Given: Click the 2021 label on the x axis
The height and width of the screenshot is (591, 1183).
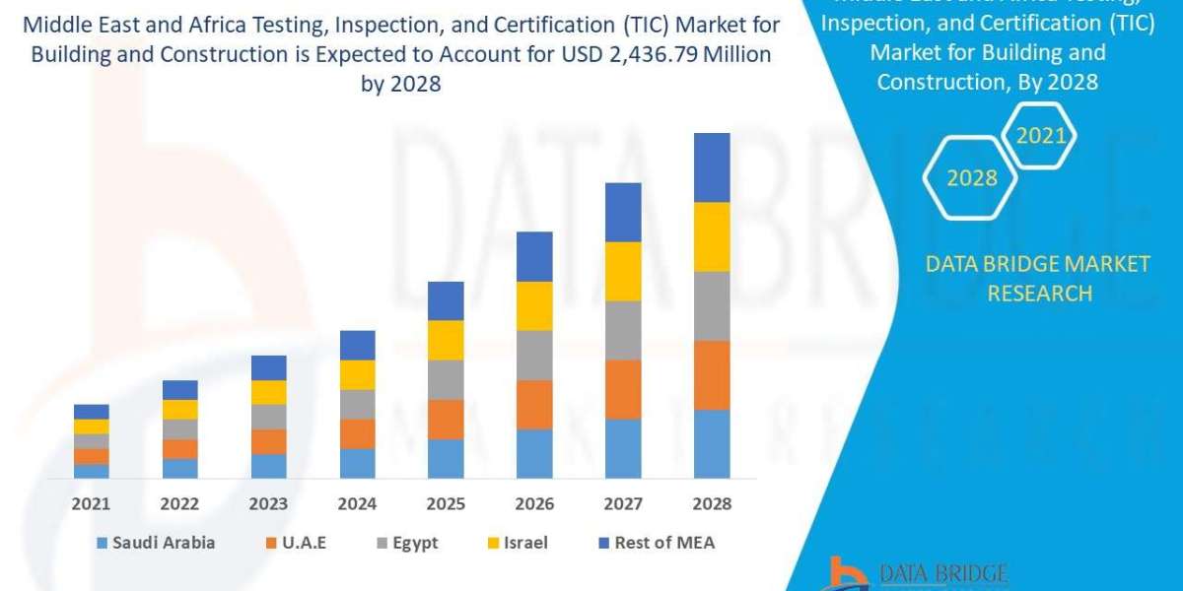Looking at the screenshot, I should [x=91, y=503].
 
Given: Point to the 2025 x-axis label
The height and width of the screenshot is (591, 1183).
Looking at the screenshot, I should [x=446, y=503].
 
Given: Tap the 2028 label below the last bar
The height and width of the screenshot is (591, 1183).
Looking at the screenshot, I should [x=712, y=503].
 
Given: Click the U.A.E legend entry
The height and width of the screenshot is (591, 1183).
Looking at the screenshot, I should [x=302, y=543].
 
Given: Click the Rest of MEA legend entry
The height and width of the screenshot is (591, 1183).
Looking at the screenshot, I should [x=655, y=543].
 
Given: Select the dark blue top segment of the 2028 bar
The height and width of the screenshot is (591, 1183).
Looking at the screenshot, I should [x=712, y=167].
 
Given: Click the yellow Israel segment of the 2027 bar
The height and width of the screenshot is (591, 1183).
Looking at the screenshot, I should [x=623, y=271].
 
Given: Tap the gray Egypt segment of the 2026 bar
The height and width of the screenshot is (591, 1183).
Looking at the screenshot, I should [x=534, y=355].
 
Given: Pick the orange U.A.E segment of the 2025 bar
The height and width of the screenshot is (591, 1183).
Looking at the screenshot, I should [x=446, y=419].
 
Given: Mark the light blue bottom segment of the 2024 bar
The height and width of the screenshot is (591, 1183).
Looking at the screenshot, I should [x=357, y=463].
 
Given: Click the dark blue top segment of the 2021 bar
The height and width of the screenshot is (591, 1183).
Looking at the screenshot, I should [x=91, y=412].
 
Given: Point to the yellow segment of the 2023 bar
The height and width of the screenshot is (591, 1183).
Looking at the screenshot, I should [x=268, y=392].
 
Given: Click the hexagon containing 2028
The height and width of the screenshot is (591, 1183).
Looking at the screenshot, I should [x=972, y=178].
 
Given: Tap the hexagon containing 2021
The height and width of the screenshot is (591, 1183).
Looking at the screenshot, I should [x=1041, y=135].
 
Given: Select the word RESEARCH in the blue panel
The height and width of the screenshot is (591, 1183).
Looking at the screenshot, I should [x=1039, y=293].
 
